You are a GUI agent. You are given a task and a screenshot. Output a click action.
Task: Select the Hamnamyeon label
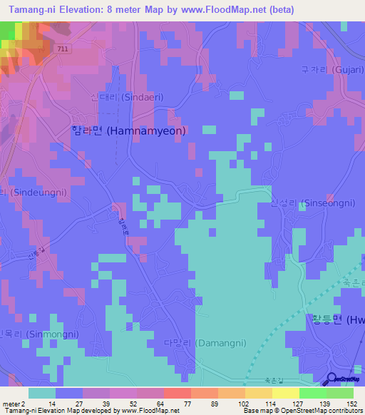[129, 130]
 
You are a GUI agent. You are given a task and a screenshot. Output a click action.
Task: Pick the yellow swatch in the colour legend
[284, 393]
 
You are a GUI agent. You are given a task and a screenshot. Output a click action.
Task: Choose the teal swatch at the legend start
[42, 393]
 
